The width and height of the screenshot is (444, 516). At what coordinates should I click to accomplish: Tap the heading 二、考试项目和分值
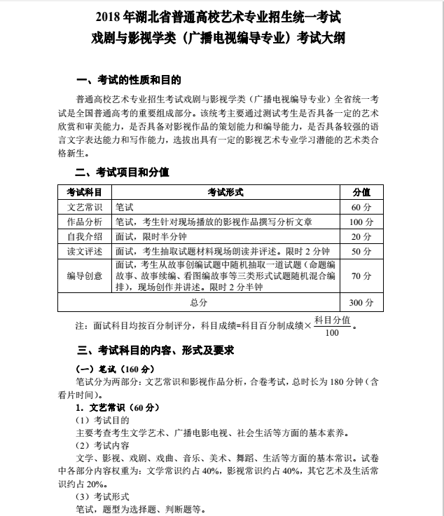tap(123, 172)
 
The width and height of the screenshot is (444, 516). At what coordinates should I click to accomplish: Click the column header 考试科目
tap(84, 192)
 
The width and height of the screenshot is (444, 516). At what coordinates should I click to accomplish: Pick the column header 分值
tap(361, 192)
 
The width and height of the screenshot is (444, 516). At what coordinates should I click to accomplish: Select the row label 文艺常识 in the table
tap(84, 208)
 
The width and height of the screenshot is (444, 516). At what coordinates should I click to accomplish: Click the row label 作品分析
tap(84, 222)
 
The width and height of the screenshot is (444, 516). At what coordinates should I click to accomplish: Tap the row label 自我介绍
tap(84, 236)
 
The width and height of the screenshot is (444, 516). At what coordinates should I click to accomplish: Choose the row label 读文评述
tap(84, 251)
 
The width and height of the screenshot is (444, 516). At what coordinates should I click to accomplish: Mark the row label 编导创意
tap(84, 276)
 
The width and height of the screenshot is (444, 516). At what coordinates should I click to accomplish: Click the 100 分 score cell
tap(361, 222)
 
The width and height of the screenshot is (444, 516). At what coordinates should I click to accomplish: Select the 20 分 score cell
tap(361, 236)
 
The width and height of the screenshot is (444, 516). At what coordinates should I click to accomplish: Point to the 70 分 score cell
tap(361, 276)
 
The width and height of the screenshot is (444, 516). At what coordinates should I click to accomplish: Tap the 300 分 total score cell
tap(361, 303)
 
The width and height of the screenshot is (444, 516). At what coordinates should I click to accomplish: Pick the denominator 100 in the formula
tap(332, 332)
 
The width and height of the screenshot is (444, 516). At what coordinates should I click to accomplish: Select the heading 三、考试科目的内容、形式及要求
tap(155, 349)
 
